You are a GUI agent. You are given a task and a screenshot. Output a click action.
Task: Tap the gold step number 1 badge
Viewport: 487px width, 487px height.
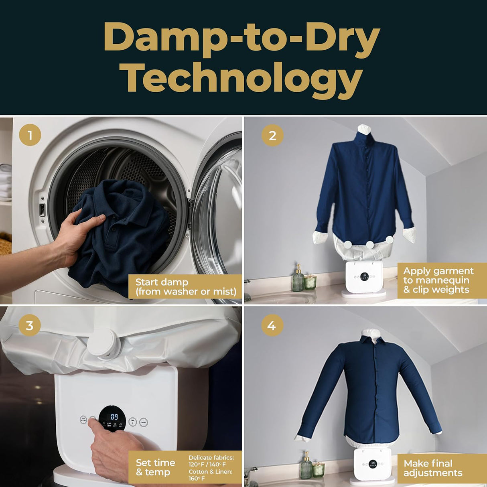(x=30, y=135)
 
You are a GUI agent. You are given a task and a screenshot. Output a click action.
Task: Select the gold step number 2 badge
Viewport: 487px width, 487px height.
(x=272, y=135)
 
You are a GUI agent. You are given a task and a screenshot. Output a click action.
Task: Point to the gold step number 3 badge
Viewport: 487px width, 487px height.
(x=30, y=325)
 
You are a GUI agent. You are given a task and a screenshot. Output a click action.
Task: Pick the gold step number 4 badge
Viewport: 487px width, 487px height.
(x=272, y=325)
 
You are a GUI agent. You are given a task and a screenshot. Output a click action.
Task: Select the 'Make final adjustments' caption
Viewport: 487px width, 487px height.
(x=433, y=468)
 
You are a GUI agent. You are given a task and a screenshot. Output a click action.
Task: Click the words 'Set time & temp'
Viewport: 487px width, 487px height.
(x=156, y=467)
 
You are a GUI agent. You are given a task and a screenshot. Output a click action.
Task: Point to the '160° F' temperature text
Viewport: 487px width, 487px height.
(x=197, y=478)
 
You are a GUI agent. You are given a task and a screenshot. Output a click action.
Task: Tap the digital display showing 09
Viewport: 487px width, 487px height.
(x=114, y=417)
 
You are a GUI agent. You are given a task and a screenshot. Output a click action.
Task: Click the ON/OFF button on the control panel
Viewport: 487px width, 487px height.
(x=144, y=422)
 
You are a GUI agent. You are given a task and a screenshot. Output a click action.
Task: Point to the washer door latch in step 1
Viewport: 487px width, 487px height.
(x=42, y=209)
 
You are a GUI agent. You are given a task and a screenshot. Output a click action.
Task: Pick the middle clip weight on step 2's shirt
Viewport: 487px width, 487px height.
(x=370, y=244)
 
